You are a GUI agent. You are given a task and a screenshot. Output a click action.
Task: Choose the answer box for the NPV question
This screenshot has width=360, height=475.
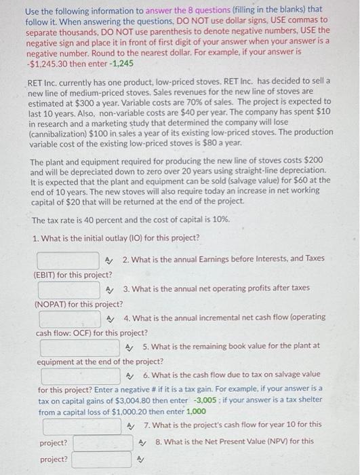[x=101, y=459]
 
